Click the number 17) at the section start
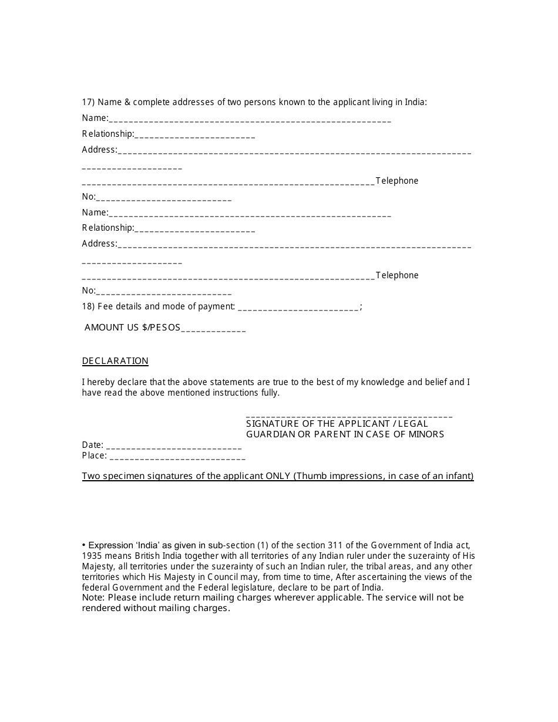tap(88, 102)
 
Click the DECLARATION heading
tap(115, 361)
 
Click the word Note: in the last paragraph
tap(93, 598)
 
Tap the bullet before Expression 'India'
tap(84, 545)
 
